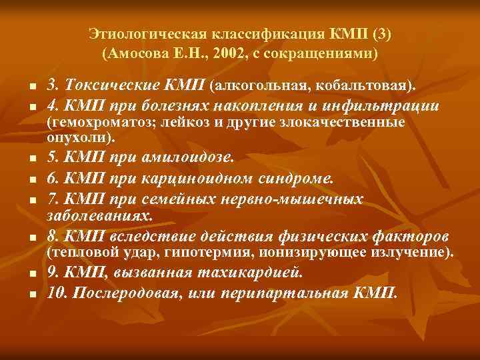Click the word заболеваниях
coord(99,215)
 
